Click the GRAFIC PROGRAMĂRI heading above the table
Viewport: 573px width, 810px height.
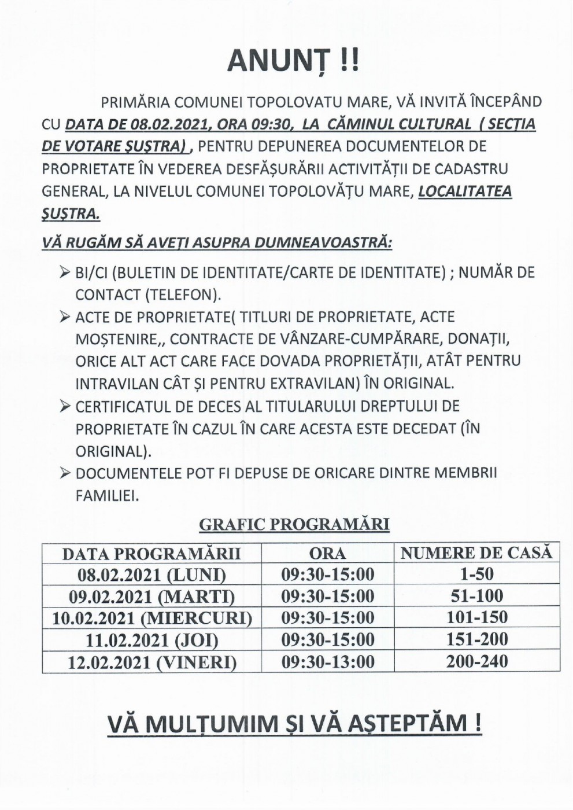[294, 524]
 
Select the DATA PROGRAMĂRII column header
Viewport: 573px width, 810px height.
[151, 554]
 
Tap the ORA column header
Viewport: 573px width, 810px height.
[327, 554]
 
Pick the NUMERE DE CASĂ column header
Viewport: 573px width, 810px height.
[476, 553]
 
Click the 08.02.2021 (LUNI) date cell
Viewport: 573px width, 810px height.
[151, 575]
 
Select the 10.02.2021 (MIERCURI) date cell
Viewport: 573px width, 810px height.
[151, 618]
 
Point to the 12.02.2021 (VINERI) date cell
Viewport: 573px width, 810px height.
[151, 662]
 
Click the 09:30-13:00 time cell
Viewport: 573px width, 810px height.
[327, 661]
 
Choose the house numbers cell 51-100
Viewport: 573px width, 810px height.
[476, 596]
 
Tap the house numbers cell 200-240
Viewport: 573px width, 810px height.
[476, 661]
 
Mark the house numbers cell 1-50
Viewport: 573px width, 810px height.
[476, 575]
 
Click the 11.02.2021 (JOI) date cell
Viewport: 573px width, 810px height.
[151, 640]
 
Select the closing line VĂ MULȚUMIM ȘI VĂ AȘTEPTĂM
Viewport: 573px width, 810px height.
[294, 724]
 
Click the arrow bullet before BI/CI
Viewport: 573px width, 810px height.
[65, 272]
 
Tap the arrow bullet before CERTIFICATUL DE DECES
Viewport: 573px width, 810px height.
[65, 406]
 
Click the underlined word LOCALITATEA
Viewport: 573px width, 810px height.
[465, 192]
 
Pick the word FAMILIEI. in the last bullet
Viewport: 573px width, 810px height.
[107, 496]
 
